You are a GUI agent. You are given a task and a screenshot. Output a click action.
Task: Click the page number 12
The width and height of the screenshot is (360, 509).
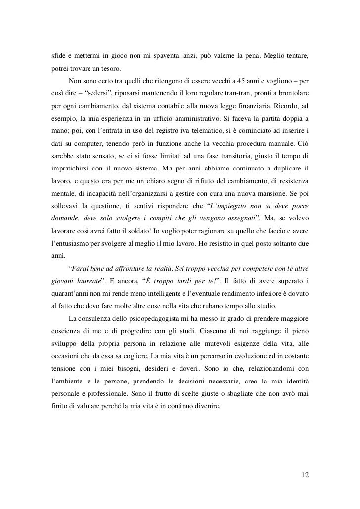point(305,475)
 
